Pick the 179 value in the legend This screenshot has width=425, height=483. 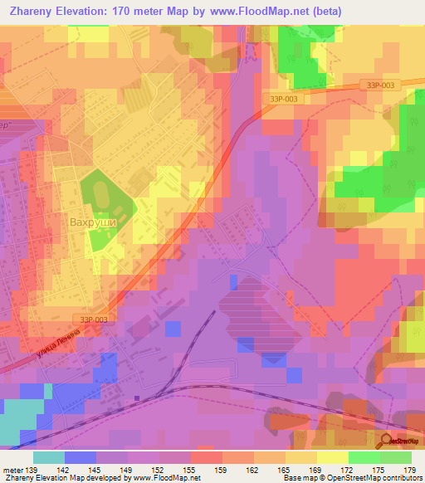click(409, 470)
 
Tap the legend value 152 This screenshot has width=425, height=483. click(159, 470)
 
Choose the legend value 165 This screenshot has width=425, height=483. click(285, 470)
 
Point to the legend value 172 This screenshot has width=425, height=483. click(347, 470)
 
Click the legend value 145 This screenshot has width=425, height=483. click(97, 470)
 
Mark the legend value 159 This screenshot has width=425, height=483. click(222, 470)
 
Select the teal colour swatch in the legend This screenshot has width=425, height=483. click(49, 457)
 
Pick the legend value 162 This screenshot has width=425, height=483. click(253, 470)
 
